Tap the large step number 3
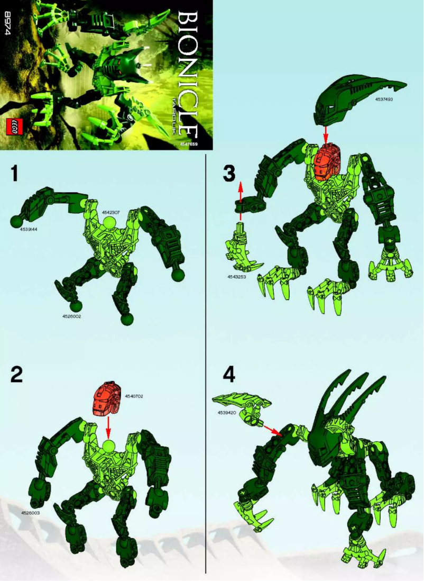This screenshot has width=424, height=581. pyautogui.click(x=228, y=174)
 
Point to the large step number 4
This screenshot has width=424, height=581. pyautogui.click(x=228, y=374)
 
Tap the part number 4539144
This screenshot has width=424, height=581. pyautogui.click(x=29, y=230)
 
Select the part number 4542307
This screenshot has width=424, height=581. pyautogui.click(x=112, y=212)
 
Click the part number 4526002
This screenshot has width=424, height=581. pyautogui.click(x=71, y=316)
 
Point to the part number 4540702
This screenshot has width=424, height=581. pyautogui.click(x=134, y=396)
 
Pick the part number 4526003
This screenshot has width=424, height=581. pyautogui.click(x=31, y=513)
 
